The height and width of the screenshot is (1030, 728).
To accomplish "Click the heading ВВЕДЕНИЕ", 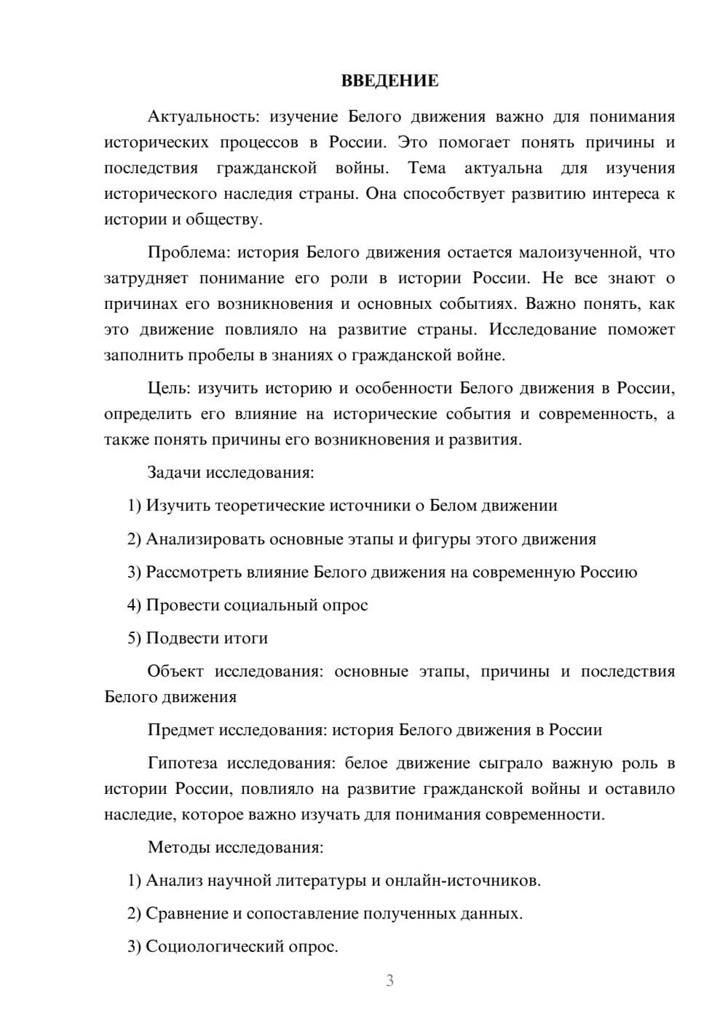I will click(x=389, y=81).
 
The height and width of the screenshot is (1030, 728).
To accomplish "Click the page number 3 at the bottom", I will click(x=389, y=980).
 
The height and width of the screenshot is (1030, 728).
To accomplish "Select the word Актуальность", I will click(x=202, y=117).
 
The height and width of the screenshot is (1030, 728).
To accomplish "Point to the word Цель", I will click(x=168, y=388).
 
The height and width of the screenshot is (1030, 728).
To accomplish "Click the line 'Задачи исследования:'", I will click(x=231, y=472).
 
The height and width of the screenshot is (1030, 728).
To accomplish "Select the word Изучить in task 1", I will click(x=178, y=506).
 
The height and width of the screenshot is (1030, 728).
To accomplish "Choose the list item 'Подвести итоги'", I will click(x=207, y=638).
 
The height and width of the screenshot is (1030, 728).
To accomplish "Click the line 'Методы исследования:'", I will click(x=235, y=847).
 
